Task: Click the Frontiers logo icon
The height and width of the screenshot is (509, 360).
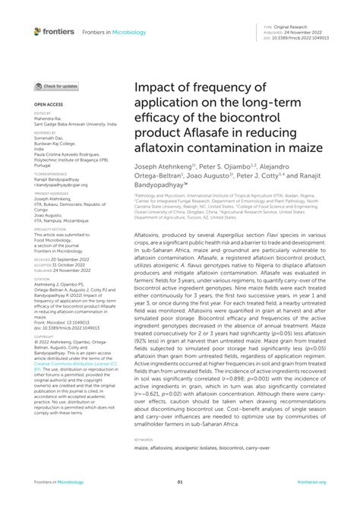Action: pyautogui.click(x=38, y=31)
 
